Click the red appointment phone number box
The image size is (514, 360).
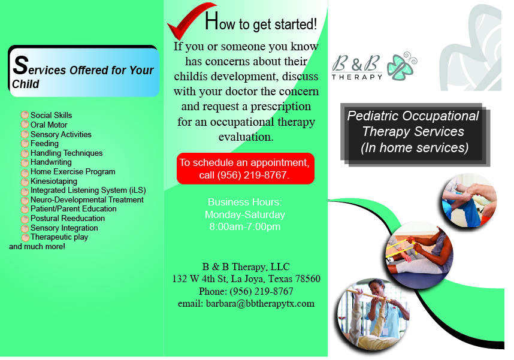[x=245, y=169]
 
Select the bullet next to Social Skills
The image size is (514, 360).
[x=25, y=115]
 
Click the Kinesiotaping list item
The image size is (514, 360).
[x=54, y=181]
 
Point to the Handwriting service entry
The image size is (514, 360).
[x=51, y=162]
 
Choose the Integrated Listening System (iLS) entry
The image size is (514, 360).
[x=88, y=190]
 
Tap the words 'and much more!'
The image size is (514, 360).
[x=37, y=246]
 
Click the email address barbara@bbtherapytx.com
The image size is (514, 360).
[x=246, y=304]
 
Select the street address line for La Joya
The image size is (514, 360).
[x=246, y=279]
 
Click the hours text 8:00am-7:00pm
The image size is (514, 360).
[x=244, y=227]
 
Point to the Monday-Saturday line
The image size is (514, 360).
[x=244, y=214]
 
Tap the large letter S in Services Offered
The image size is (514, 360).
[x=21, y=65]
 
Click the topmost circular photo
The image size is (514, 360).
[x=470, y=201]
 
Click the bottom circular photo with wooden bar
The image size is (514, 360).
[x=374, y=313]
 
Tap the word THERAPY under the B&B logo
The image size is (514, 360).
[x=358, y=77]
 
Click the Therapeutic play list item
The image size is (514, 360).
[x=59, y=237]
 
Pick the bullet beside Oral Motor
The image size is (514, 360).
[x=25, y=125]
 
